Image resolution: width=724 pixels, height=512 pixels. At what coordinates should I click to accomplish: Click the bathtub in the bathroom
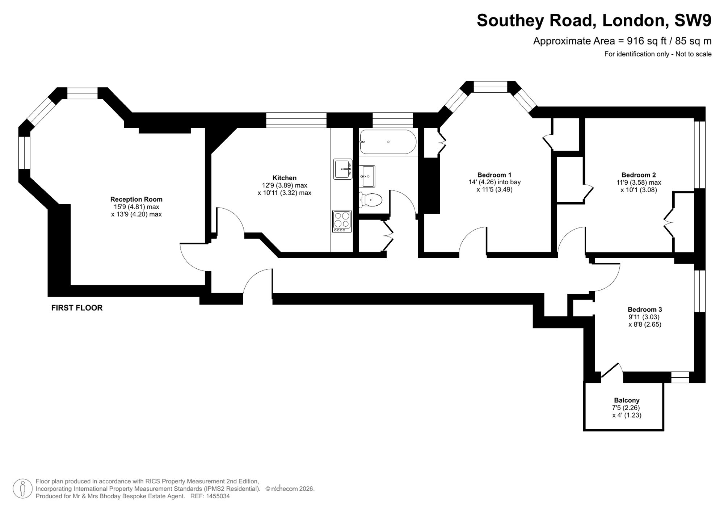388,142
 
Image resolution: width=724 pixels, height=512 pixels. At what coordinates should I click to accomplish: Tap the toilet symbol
371,200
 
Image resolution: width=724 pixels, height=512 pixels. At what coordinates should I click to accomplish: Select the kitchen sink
343,169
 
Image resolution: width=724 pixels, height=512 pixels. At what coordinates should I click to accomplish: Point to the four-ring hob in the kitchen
342,221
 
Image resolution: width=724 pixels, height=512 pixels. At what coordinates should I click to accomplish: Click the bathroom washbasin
367,176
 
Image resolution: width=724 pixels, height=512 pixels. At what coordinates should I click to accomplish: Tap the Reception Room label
136,199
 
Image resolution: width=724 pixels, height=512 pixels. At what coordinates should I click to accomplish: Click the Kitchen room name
285,178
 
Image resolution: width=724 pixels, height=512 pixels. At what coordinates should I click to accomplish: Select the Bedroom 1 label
494,175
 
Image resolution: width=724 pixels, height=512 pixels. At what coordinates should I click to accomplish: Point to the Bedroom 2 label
639,175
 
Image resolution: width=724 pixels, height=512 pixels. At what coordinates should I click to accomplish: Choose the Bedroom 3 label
645,310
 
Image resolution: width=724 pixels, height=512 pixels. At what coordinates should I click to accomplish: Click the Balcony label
627,400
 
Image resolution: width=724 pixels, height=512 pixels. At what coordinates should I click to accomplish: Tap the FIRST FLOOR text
77,308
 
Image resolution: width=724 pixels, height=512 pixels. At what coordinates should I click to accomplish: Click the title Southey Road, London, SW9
594,21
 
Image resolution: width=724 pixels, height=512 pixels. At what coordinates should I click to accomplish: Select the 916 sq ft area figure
647,41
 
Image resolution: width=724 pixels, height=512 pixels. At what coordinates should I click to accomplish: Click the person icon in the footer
22,488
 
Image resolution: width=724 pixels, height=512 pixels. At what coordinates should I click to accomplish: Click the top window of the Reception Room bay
83,93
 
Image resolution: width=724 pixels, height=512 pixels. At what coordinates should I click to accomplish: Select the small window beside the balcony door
680,377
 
